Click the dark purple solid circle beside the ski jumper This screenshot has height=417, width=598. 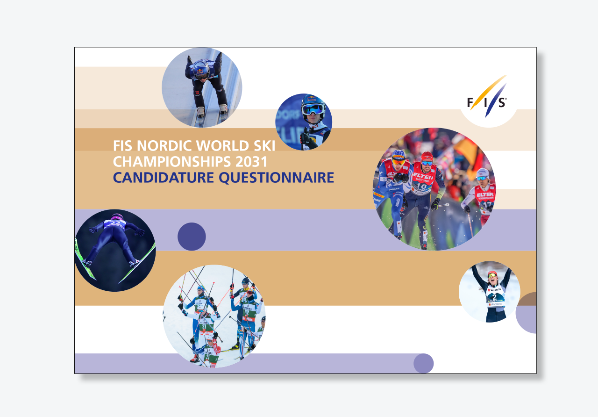pos(192,237)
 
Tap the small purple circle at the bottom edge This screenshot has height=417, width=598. pos(423,363)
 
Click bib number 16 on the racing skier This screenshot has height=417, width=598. pos(421,186)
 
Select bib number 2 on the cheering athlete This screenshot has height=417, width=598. pos(494,297)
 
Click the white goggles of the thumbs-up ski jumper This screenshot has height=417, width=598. pos(313,109)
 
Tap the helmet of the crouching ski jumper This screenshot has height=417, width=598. pos(201,68)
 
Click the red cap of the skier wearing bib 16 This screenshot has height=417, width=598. pos(427,157)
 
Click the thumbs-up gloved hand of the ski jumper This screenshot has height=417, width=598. pos(306,138)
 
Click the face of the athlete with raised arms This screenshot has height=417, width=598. pos(492,277)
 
